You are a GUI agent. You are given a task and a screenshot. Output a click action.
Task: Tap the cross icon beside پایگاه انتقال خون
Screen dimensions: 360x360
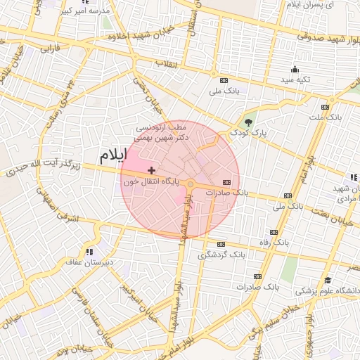click(x=151, y=170)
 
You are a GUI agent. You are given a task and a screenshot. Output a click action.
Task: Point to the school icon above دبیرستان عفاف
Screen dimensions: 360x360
click(x=89, y=251)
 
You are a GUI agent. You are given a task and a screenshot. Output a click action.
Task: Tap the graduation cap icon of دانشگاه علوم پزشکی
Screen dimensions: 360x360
click(x=327, y=281)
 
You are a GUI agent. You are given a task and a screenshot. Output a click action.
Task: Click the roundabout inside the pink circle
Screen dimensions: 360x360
click(x=190, y=184)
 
